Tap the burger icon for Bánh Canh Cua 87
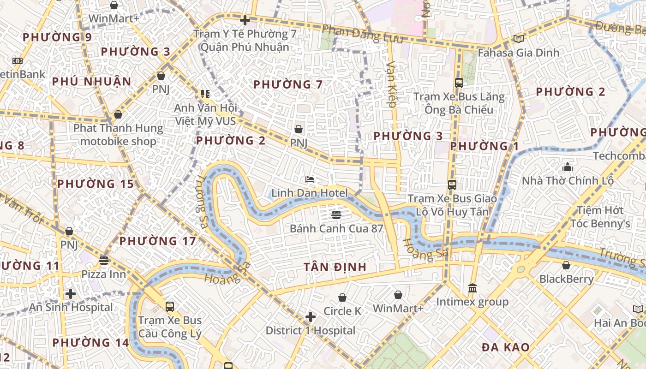pos(336,214)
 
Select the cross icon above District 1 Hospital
pos(311,317)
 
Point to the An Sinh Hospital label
pos(71,307)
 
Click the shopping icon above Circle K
pos(342,298)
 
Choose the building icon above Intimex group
pos(473,288)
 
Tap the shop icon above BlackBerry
pos(566,265)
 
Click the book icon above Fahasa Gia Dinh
pos(518,39)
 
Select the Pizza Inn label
pos(103,274)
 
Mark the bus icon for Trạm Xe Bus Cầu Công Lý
pos(170,306)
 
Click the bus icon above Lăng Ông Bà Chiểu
pos(459,83)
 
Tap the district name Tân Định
pos(335,267)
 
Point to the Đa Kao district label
pos(505,347)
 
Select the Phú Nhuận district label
pos(91,82)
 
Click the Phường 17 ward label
pos(158,241)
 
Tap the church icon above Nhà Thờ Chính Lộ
pos(568,167)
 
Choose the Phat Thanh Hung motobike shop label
pos(118,135)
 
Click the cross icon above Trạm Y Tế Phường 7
pos(245,20)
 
